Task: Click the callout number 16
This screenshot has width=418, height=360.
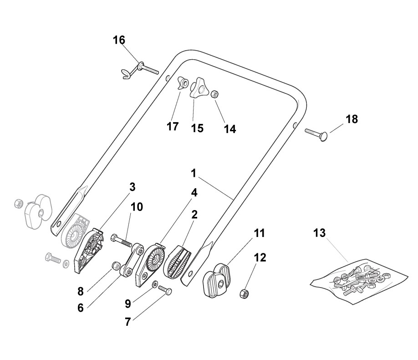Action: point(119,40)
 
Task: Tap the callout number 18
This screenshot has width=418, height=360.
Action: point(352,119)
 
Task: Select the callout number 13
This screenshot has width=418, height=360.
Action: point(320,233)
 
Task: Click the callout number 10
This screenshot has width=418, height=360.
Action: point(137,207)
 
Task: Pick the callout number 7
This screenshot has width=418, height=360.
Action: point(128,322)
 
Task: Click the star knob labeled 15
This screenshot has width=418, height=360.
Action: point(199,88)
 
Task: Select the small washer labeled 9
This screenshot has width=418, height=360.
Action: point(155,284)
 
